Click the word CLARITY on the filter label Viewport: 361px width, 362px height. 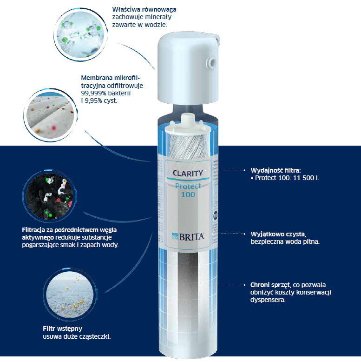[188, 173]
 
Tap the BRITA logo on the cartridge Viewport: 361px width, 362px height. [188, 237]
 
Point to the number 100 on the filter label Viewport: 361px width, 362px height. [188, 194]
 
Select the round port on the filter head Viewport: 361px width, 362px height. [211, 62]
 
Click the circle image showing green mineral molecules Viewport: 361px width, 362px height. [80, 35]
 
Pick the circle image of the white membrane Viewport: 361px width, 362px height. [51, 115]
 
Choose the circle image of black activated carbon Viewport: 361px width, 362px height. [49, 196]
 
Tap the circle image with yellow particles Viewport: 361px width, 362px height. [70, 295]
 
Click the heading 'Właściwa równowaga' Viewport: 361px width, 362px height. [144, 10]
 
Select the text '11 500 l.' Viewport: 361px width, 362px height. [306, 178]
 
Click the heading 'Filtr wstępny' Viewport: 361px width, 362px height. [62, 328]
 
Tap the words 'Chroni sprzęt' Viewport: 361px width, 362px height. [270, 285]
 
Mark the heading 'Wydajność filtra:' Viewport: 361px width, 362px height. [276, 170]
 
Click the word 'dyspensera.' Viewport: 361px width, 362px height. [268, 300]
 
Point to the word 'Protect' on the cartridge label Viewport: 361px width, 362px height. [188, 186]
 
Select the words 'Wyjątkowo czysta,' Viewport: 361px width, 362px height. [278, 234]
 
